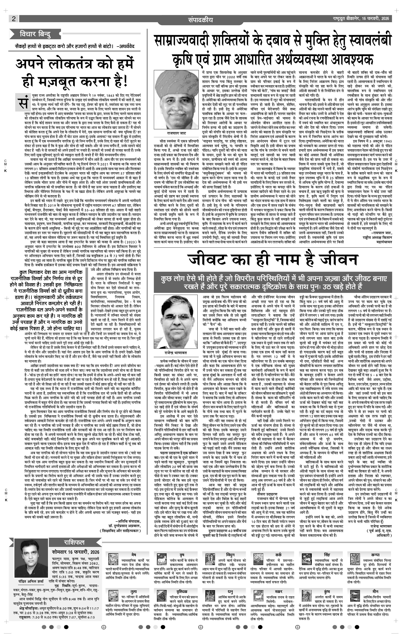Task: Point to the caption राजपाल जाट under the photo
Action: click(x=176, y=133)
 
